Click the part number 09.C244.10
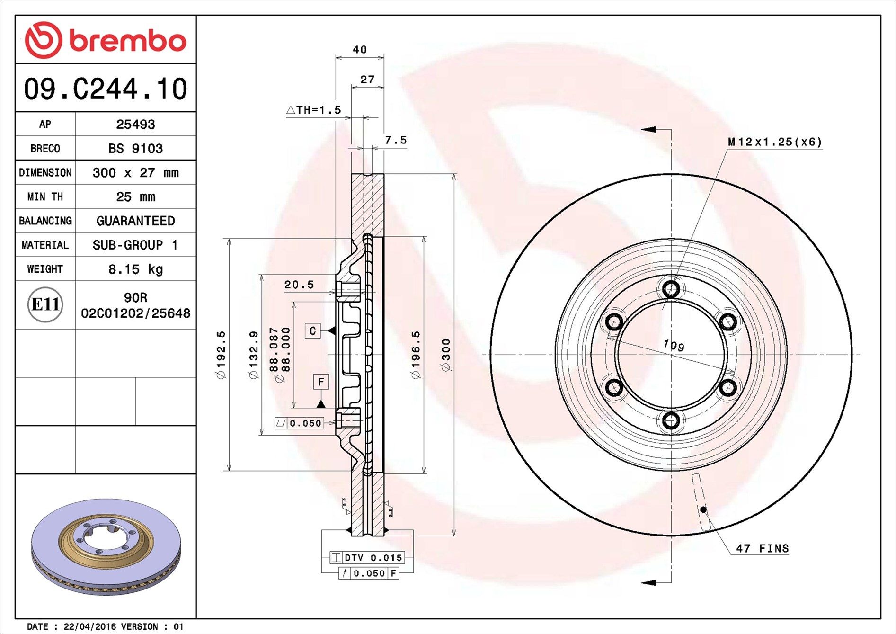point(106,89)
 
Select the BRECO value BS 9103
point(135,148)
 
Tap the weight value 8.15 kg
point(135,269)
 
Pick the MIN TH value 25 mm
point(135,196)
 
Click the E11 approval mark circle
point(45,304)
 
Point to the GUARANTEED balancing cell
point(135,221)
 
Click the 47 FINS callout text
point(762,548)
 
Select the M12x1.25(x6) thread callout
point(775,142)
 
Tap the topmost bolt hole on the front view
point(671,289)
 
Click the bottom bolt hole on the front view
point(671,420)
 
